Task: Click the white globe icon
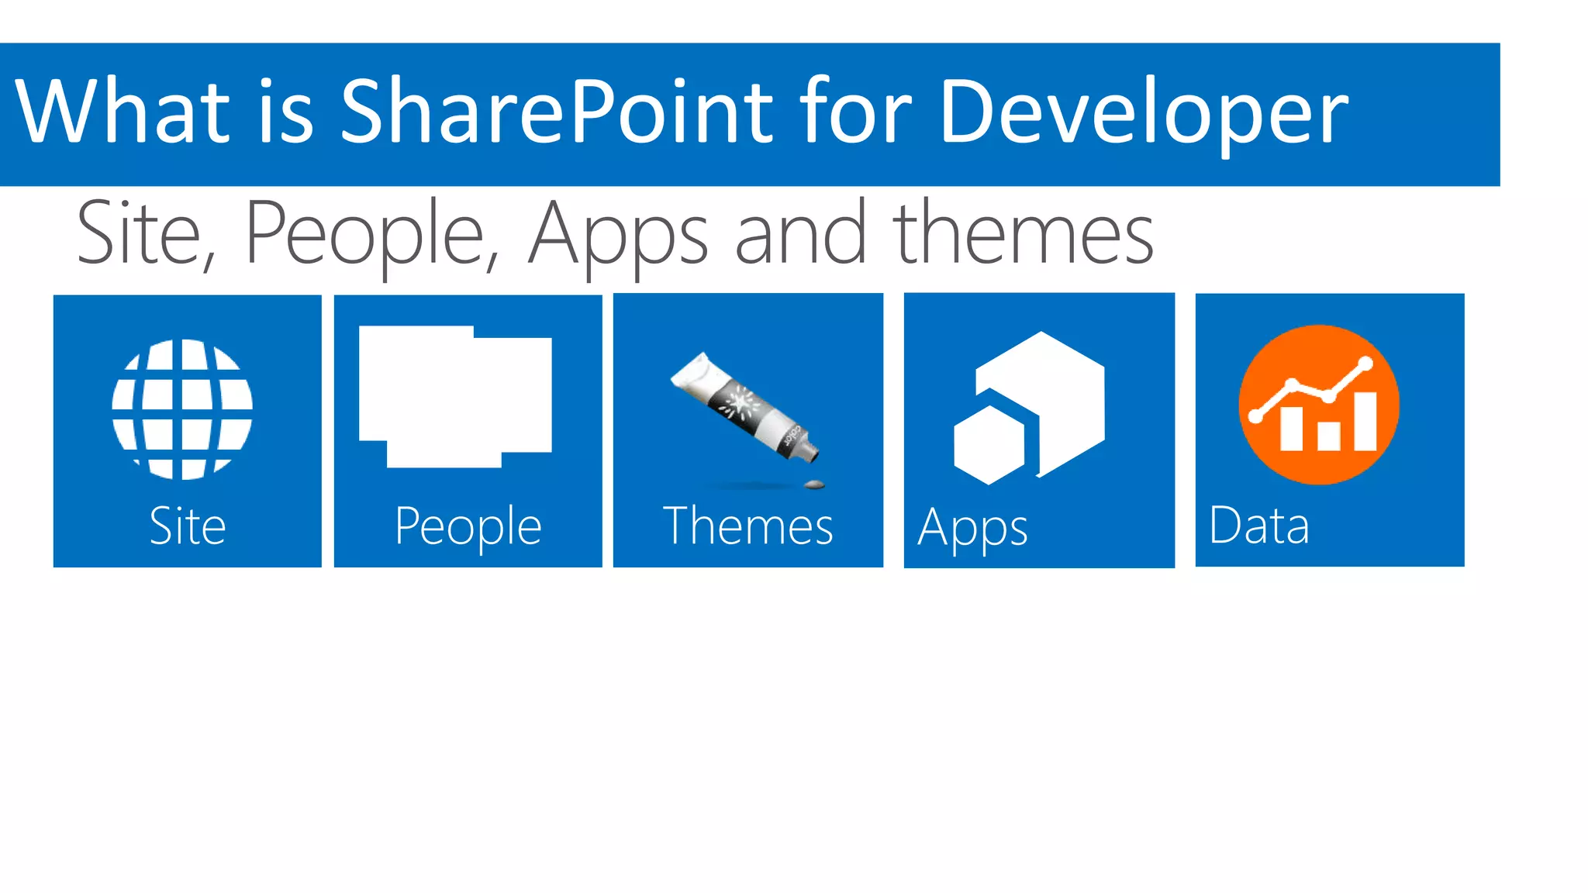pyautogui.click(x=182, y=409)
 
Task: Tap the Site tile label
pyautogui.click(x=188, y=526)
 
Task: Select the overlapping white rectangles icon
pyautogui.click(x=455, y=396)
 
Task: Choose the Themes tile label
pyautogui.click(x=748, y=526)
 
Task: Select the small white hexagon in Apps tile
pyautogui.click(x=989, y=446)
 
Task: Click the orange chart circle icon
pyautogui.click(x=1319, y=405)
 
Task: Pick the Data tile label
pyautogui.click(x=1259, y=526)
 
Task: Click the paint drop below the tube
pyautogui.click(x=814, y=485)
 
